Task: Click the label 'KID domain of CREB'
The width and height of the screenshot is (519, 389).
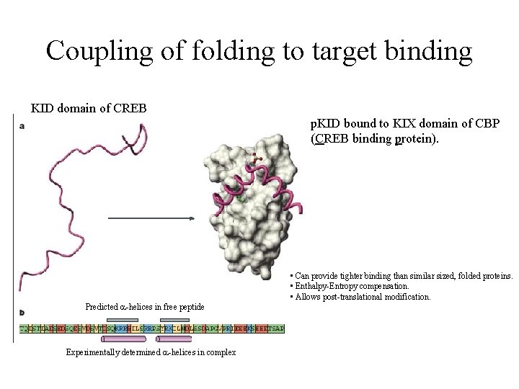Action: click(x=89, y=109)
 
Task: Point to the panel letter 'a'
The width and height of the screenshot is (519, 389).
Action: click(x=22, y=125)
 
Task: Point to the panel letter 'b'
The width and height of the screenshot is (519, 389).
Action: click(x=22, y=312)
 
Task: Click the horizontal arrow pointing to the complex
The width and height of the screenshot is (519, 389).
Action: click(x=151, y=218)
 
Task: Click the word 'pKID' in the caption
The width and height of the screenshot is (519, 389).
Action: click(x=325, y=124)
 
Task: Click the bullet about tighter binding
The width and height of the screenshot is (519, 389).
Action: click(x=401, y=276)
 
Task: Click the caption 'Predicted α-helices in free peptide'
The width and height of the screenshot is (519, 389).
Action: click(x=145, y=307)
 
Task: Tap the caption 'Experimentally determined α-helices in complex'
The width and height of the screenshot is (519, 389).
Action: click(x=151, y=352)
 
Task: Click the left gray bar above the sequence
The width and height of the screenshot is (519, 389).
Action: click(x=121, y=319)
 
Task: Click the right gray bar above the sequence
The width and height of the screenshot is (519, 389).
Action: click(x=174, y=319)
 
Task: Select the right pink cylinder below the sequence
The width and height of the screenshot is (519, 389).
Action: click(x=174, y=338)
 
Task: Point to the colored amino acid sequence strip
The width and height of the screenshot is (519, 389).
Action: click(x=151, y=328)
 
